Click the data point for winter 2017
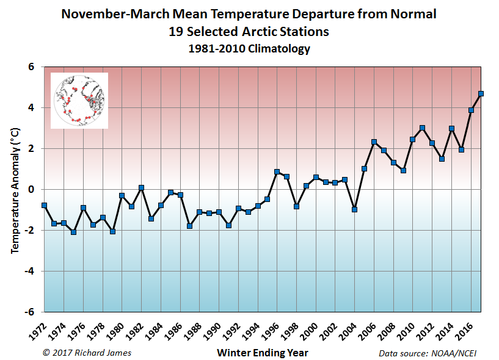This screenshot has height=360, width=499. (x=481, y=94)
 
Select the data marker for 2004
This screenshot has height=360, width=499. (x=354, y=209)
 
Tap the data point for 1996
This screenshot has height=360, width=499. (x=277, y=172)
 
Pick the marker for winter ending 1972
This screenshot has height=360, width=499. (x=44, y=206)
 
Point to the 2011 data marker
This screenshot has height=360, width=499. (x=422, y=128)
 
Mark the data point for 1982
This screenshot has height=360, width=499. (x=141, y=187)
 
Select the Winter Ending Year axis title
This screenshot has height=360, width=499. (x=263, y=353)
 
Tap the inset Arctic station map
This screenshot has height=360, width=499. (x=79, y=101)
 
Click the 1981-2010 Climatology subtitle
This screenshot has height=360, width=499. (x=249, y=49)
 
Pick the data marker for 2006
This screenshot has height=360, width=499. (x=374, y=142)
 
